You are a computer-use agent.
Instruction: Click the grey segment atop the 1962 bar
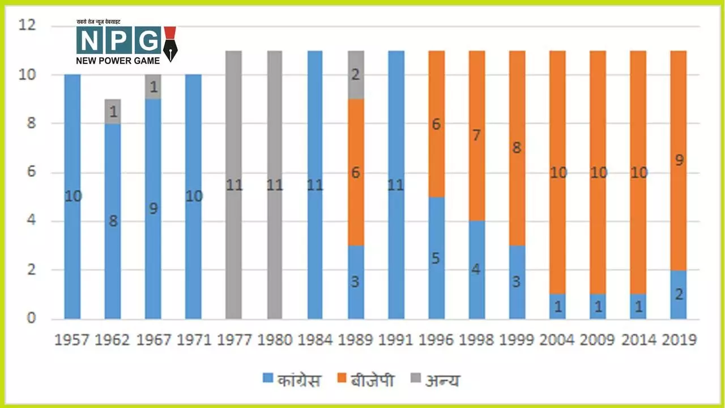[x=113, y=112]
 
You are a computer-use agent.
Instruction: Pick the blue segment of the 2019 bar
[x=678, y=295]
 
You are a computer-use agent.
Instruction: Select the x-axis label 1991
[x=396, y=340]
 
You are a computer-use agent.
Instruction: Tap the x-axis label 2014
[x=638, y=340]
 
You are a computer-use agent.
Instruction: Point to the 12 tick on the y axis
[x=27, y=25]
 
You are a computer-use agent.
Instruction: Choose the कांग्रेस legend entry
[x=292, y=380]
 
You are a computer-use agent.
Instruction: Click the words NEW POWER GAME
[x=118, y=59]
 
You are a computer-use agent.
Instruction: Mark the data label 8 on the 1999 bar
[x=517, y=148]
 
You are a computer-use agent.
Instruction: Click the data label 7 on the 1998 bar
[x=476, y=136]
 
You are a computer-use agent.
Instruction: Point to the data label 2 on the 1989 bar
[x=356, y=74]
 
